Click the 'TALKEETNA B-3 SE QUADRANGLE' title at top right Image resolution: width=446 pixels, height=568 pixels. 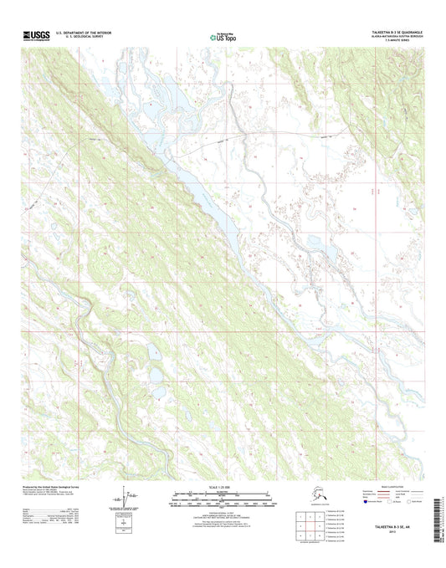(396, 31)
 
